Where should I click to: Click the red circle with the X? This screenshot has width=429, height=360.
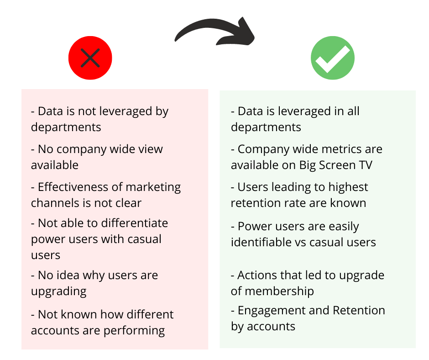pos(90,58)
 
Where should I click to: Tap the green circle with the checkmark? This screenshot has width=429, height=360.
pos(332,58)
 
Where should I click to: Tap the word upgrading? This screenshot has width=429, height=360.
pos(58,291)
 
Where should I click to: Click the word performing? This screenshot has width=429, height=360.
pos(136,330)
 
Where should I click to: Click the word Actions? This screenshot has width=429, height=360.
pos(257,275)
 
